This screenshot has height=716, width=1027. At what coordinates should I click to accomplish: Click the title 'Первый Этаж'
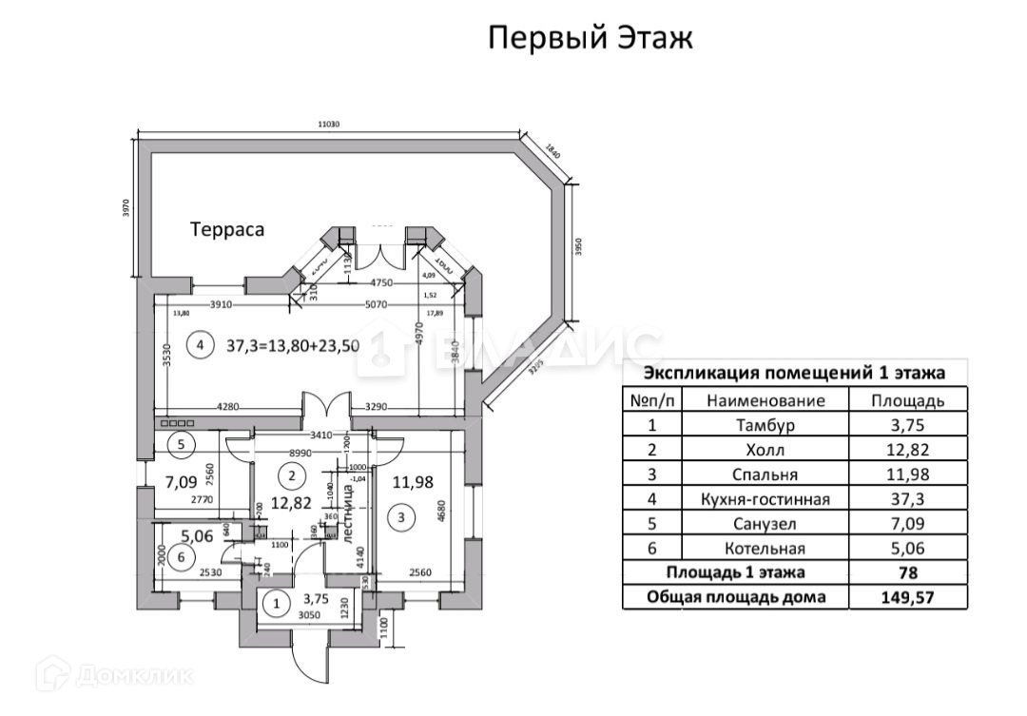pos(590,39)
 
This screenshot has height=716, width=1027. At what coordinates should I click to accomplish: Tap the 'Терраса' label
pos(226,229)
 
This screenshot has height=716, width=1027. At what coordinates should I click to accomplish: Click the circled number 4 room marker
pos(200,345)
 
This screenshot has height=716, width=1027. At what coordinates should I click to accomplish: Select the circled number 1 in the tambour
pos(277,602)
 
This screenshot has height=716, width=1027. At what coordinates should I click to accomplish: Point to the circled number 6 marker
pos(184,558)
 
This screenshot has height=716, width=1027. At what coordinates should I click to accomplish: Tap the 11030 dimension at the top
pos(329,124)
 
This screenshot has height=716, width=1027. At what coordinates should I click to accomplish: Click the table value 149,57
pos(907,597)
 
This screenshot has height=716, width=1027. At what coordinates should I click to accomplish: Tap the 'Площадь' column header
pos(907,400)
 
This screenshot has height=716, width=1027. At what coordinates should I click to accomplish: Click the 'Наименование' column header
pos(765,400)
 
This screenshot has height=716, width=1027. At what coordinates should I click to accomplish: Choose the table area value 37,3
pos(907,499)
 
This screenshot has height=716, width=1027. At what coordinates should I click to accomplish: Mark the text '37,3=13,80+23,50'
pos(293,346)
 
